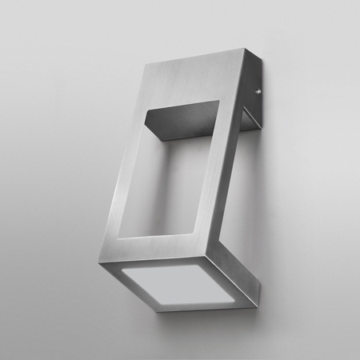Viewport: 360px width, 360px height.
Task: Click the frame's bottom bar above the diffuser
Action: tap(168, 245)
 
